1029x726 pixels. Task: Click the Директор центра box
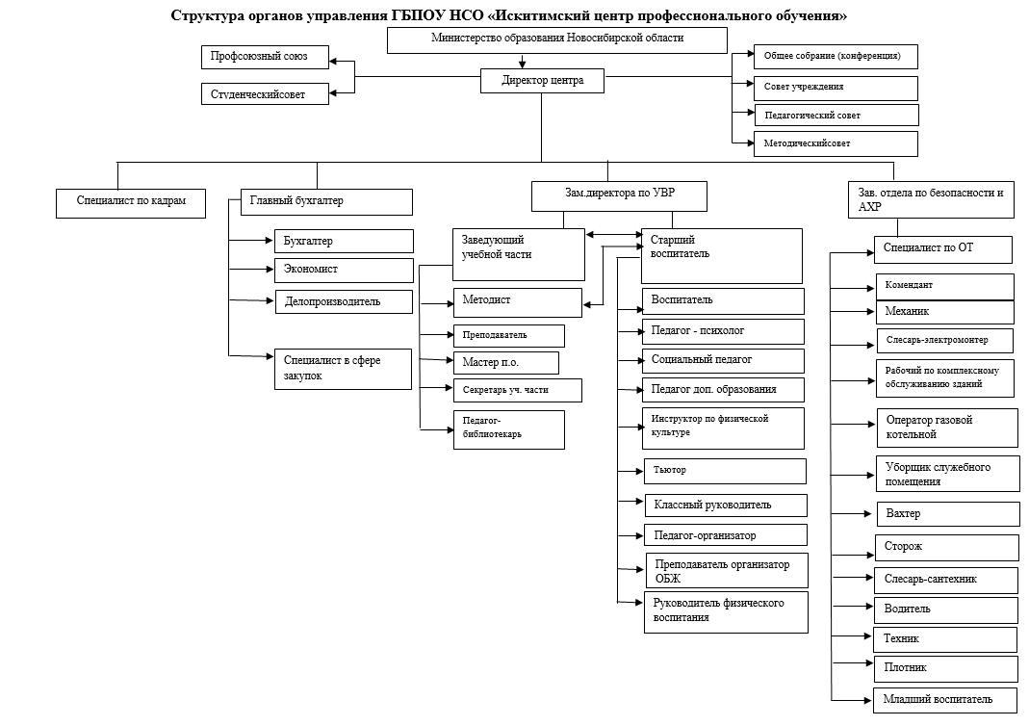pyautogui.click(x=542, y=81)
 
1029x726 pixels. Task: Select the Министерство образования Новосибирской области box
pyautogui.click(x=557, y=40)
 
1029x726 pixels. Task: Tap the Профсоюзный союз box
pyautogui.click(x=265, y=57)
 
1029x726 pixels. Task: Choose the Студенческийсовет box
pyautogui.click(x=265, y=93)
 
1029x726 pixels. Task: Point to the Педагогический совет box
pyautogui.click(x=836, y=115)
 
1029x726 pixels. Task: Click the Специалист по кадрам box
pyautogui.click(x=131, y=203)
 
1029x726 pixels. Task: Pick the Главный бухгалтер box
pyautogui.click(x=327, y=202)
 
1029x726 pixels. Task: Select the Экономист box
pyautogui.click(x=344, y=271)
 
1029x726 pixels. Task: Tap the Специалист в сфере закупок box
pyautogui.click(x=344, y=369)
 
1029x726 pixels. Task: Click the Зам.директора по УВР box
pyautogui.click(x=620, y=196)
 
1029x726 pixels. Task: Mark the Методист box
pyautogui.click(x=518, y=302)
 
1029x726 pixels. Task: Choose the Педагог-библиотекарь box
pyautogui.click(x=509, y=430)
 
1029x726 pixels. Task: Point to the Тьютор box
pyautogui.click(x=725, y=471)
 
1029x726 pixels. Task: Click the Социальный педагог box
pyautogui.click(x=723, y=361)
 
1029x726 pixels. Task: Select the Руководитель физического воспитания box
pyautogui.click(x=727, y=612)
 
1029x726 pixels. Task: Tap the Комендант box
pyautogui.click(x=945, y=287)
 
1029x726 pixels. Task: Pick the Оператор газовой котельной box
pyautogui.click(x=947, y=428)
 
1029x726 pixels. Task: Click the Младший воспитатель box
pyautogui.click(x=945, y=701)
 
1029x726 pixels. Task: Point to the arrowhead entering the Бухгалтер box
pyautogui.click(x=270, y=241)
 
